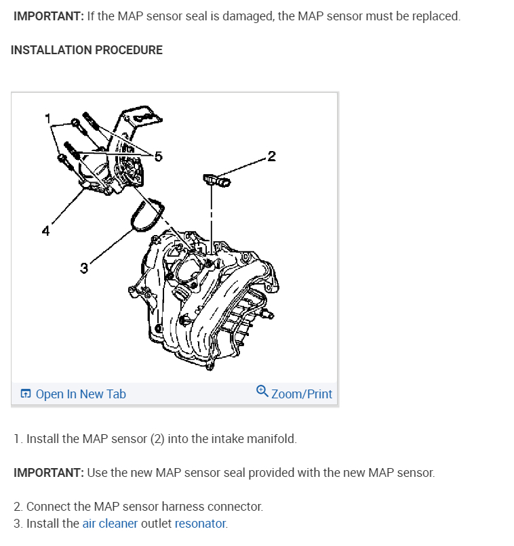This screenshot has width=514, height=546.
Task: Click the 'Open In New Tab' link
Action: click(x=80, y=394)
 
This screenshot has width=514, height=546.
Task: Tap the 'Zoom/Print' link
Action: click(x=301, y=394)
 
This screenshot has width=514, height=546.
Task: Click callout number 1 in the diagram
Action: click(x=47, y=118)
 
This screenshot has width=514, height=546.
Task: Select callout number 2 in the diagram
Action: click(x=271, y=157)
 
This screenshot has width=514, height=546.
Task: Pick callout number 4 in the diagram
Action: click(x=45, y=231)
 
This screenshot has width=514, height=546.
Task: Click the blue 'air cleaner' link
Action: click(x=110, y=523)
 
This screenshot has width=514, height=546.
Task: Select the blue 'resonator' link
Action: click(x=200, y=523)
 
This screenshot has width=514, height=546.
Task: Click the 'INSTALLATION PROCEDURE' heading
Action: click(x=87, y=50)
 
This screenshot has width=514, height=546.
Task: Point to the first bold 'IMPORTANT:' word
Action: click(x=48, y=16)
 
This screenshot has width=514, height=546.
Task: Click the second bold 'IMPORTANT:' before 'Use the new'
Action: click(x=48, y=472)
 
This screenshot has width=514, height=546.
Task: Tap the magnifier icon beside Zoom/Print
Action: click(x=262, y=392)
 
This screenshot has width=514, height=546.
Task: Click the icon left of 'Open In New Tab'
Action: click(x=26, y=394)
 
